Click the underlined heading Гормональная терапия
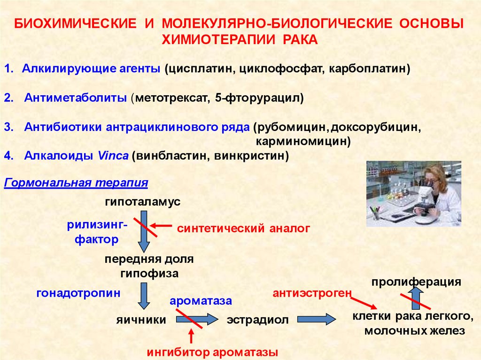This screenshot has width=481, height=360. (76, 183)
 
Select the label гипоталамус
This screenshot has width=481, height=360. (143, 202)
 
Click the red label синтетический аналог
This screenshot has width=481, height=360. (243, 229)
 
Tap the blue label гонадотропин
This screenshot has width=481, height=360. (78, 293)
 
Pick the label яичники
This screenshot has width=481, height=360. (141, 320)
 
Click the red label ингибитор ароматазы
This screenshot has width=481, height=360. (212, 352)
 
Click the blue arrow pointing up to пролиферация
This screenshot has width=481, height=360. (417, 298)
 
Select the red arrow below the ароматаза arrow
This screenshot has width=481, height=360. (191, 336)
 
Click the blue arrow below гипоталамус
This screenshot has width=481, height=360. (144, 232)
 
